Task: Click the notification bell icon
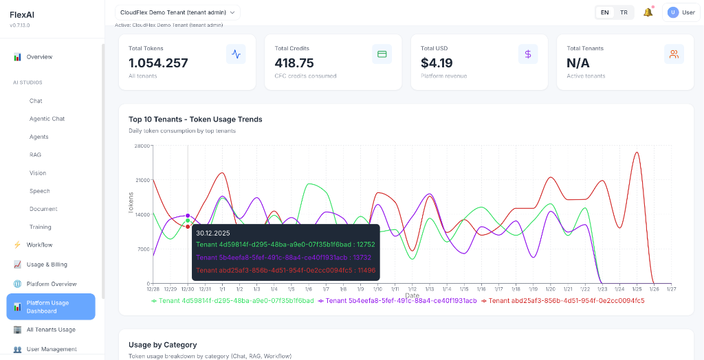[648, 12]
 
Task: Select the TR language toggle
[624, 12]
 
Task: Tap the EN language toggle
[604, 12]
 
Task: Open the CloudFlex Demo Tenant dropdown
[177, 12]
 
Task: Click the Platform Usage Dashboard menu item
[51, 306]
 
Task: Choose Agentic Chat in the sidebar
[47, 119]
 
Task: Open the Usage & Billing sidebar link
[47, 265]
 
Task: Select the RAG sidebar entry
[36, 155]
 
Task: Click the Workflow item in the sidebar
[39, 245]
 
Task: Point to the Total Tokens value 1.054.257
[158, 63]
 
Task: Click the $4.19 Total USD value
[437, 63]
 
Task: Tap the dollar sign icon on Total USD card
[528, 54]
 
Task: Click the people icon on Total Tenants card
[674, 54]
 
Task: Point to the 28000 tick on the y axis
[142, 146]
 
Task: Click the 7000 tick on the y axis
[144, 249]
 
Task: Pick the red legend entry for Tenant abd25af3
[563, 301]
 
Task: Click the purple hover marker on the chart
[188, 216]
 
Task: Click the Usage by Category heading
[162, 344]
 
